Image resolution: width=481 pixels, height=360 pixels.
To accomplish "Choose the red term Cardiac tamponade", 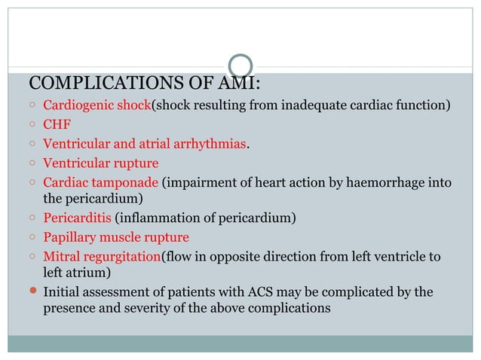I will coord(100,182).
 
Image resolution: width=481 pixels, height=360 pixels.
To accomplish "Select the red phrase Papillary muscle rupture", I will coord(116,238).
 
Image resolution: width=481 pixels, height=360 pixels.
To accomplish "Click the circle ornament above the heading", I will coord(240,66).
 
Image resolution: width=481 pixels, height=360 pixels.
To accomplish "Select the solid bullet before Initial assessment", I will coord(32,291).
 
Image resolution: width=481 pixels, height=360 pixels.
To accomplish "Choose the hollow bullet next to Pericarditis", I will coord(32,219).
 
